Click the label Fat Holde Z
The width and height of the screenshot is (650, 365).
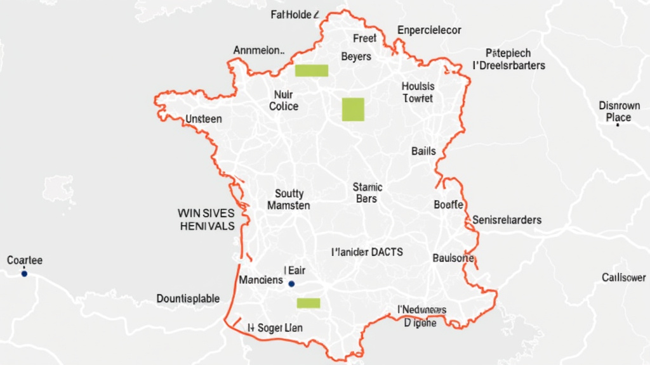[294, 15]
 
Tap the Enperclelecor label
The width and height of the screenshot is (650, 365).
[430, 30]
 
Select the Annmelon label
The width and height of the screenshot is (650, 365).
[259, 50]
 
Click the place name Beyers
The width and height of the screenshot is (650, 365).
[356, 56]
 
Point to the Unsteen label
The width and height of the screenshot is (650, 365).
[204, 118]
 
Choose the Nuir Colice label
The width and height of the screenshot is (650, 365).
[283, 100]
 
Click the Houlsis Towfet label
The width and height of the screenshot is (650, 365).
[418, 93]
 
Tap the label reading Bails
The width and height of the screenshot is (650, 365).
[423, 151]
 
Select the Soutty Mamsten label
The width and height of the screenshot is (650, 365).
[289, 200]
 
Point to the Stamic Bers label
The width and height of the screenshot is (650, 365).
[367, 193]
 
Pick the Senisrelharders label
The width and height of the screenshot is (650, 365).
[507, 220]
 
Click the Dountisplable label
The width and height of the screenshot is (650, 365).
[189, 298]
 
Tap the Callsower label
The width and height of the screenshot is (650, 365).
[624, 278]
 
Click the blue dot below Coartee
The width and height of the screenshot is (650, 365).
[24, 274]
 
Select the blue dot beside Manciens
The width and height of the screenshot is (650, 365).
[292, 284]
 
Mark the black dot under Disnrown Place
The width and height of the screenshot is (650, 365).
[617, 125]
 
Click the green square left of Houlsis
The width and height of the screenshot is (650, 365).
[353, 109]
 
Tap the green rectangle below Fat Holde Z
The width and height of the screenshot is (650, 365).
[312, 70]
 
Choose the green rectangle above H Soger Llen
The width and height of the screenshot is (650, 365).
[309, 303]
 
